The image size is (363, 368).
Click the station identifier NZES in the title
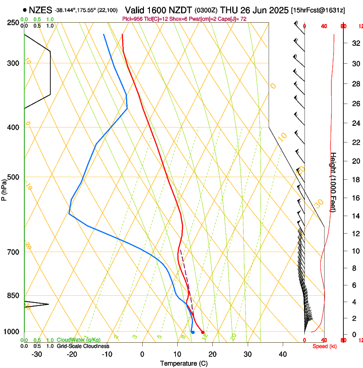[x=41, y=10]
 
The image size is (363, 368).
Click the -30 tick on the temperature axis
[x=37, y=354]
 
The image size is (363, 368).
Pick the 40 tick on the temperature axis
[x=282, y=354]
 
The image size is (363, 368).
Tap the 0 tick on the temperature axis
[x=142, y=354]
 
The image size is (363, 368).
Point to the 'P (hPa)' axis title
[x=4, y=188]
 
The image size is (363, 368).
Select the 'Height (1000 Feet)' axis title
[x=334, y=182]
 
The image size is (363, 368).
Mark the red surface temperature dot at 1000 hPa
[x=202, y=332]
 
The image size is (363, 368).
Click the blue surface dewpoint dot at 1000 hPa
[x=193, y=332]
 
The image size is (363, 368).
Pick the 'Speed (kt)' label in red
[x=325, y=346]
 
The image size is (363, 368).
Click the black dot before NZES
[x=25, y=10]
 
